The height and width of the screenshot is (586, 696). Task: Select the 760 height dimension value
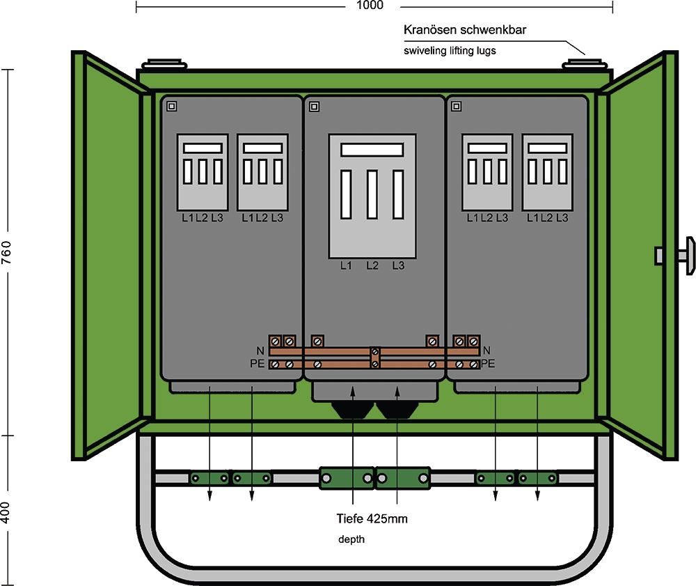pyautogui.click(x=7, y=252)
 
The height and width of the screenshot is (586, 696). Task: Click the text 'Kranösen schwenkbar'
pyautogui.click(x=464, y=31)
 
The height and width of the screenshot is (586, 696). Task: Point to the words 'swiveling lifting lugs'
pyautogui.click(x=450, y=51)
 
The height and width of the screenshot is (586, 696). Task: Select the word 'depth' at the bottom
pyautogui.click(x=351, y=539)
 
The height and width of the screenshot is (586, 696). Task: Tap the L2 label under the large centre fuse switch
pyautogui.click(x=372, y=265)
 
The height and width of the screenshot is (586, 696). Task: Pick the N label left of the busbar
pyautogui.click(x=260, y=350)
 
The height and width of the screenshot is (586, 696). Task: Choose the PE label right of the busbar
pyautogui.click(x=487, y=363)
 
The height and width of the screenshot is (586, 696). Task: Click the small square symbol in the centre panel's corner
pyautogui.click(x=314, y=107)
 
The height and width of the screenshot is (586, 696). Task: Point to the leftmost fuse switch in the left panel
pyautogui.click(x=203, y=172)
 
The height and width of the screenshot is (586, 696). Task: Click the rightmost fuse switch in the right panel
pyautogui.click(x=548, y=172)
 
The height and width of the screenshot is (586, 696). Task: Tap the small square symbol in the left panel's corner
pyautogui.click(x=172, y=107)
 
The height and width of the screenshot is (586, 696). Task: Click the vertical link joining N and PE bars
pyautogui.click(x=375, y=357)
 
